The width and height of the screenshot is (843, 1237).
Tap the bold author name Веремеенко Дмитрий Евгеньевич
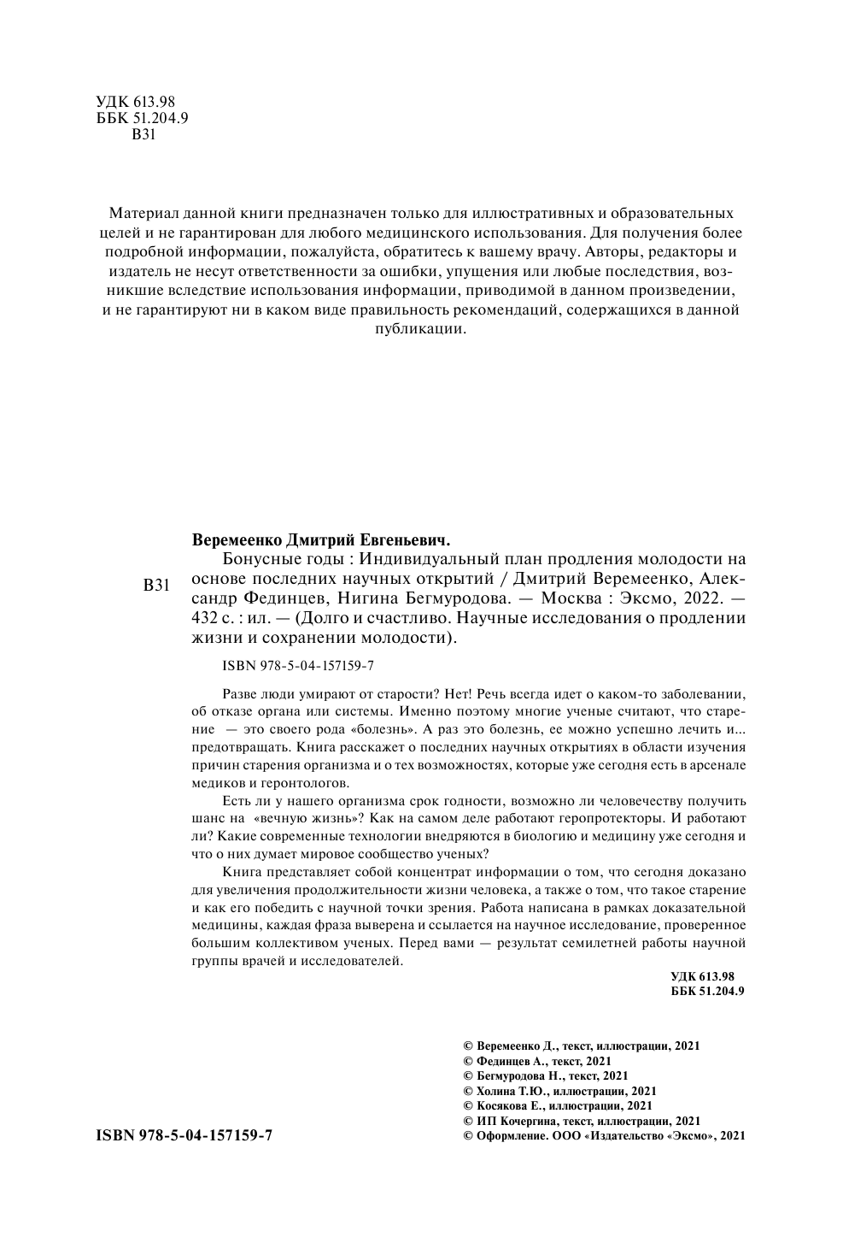coord(321,540)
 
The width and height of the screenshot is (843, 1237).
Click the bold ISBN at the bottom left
coord(184,1135)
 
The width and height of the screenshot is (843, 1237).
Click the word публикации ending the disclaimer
coord(420,329)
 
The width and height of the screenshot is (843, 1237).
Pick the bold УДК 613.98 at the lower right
coord(703,976)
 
